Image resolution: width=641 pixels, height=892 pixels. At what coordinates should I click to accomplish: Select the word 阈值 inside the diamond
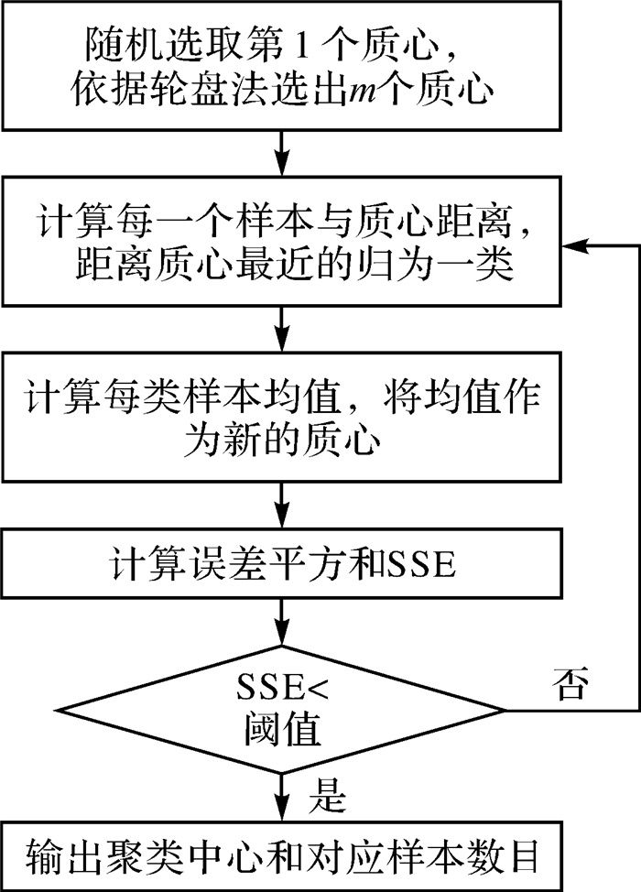(x=285, y=732)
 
